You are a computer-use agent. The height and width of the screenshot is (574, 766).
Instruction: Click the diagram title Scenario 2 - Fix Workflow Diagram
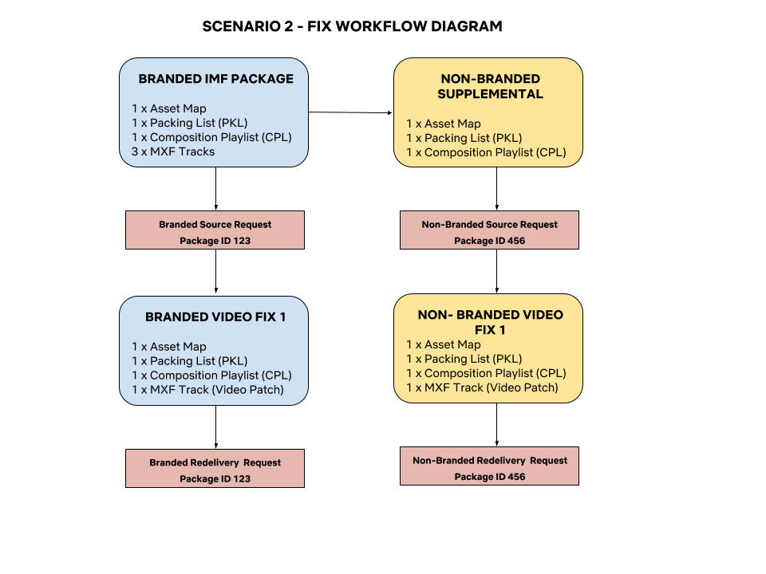click(x=352, y=26)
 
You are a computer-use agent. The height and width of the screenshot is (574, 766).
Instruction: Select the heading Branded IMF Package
click(x=216, y=79)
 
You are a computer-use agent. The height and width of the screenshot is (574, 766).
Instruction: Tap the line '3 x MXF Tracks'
click(x=173, y=151)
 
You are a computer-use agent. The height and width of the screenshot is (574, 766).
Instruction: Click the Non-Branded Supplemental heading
click(x=490, y=86)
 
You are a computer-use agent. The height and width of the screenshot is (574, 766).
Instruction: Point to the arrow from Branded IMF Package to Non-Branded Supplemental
click(x=350, y=112)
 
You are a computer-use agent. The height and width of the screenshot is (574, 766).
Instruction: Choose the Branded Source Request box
click(x=215, y=230)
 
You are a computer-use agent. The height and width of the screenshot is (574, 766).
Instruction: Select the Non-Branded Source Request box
click(x=489, y=230)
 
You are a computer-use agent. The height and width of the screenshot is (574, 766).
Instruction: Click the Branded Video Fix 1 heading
click(x=215, y=317)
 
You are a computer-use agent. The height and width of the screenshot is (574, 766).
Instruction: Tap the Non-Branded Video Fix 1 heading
click(x=490, y=322)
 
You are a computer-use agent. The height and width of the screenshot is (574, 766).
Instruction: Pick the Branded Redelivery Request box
click(x=215, y=468)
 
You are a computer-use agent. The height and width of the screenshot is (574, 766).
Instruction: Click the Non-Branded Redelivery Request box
click(x=489, y=466)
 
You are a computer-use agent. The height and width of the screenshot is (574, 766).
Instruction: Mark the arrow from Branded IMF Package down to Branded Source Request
click(x=216, y=189)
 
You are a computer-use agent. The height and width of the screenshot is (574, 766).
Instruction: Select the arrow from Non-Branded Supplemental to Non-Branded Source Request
click(x=497, y=189)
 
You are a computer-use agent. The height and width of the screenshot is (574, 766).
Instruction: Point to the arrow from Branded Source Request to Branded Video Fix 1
click(x=216, y=271)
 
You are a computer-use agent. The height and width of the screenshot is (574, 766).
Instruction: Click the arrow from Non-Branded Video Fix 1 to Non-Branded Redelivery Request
click(x=497, y=425)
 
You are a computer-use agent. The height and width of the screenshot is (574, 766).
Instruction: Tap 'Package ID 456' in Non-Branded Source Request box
click(x=489, y=241)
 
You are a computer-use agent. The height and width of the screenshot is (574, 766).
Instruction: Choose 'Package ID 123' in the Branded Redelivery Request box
click(x=215, y=479)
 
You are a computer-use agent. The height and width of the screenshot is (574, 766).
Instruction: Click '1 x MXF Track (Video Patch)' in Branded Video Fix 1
click(x=207, y=390)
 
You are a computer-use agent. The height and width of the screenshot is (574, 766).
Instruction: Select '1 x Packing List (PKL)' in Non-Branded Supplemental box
click(x=464, y=138)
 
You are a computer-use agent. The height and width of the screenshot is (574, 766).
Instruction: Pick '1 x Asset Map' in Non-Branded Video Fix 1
click(x=444, y=344)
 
